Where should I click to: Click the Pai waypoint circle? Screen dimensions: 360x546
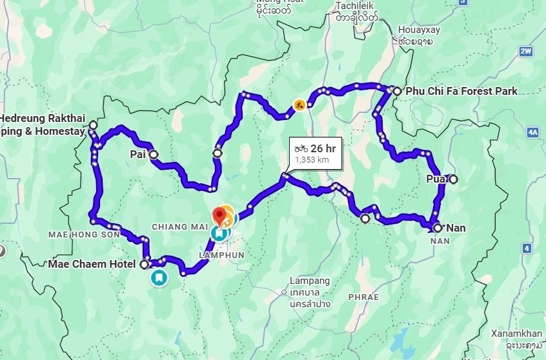154,155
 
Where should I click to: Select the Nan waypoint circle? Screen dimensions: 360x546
438,228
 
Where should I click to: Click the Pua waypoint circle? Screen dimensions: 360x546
453,179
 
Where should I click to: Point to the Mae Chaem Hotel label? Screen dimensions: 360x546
92,264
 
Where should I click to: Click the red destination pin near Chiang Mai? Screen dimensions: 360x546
220,214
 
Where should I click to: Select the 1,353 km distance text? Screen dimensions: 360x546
310,159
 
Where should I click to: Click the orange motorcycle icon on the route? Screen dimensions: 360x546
299,104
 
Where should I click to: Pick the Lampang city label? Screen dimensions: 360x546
310,281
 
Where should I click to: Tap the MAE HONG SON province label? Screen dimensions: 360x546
84,234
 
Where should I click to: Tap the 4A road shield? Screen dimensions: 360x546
532,132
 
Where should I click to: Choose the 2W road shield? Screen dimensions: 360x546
527,51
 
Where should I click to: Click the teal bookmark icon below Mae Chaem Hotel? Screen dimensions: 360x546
158,278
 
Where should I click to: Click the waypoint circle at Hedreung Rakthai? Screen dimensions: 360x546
93,125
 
